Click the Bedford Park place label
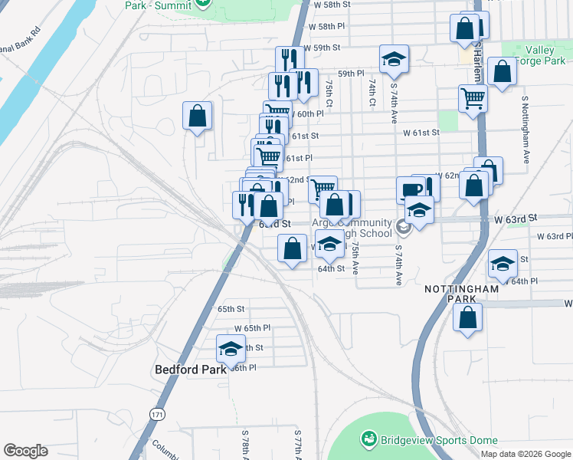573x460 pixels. tap(191, 370)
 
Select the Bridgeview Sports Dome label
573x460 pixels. tap(440, 440)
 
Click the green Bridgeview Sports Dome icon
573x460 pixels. tap(370, 439)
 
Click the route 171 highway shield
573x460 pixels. tap(157, 414)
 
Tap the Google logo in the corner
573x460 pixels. tap(25, 451)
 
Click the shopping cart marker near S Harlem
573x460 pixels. tap(473, 98)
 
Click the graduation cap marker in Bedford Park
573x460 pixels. tap(231, 349)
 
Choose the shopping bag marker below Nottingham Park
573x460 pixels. tap(468, 317)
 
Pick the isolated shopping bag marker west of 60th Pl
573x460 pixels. tap(198, 116)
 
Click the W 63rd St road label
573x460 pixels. tap(512, 219)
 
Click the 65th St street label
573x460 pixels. tap(231, 309)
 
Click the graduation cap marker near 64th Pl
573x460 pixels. tap(502, 264)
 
